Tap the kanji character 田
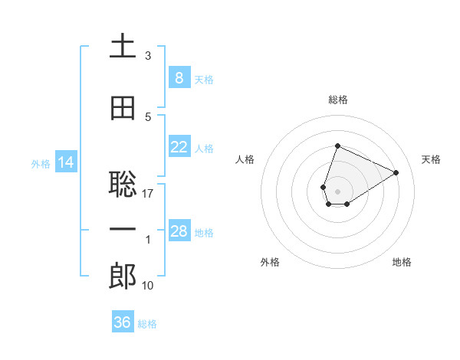coord(123,109)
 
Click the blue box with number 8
coord(179,77)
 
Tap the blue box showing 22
coord(179,147)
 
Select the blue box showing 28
coord(179,231)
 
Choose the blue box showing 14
coord(66,162)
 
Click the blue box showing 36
coord(122,322)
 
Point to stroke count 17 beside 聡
coord(148,194)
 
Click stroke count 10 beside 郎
coord(148,286)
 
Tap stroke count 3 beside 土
coord(148,56)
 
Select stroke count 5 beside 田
coord(148,117)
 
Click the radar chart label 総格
coord(337,100)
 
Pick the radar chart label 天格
coord(431,159)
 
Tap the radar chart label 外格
coord(270,262)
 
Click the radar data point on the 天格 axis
coord(396,172)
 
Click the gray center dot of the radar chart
coord(337,191)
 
